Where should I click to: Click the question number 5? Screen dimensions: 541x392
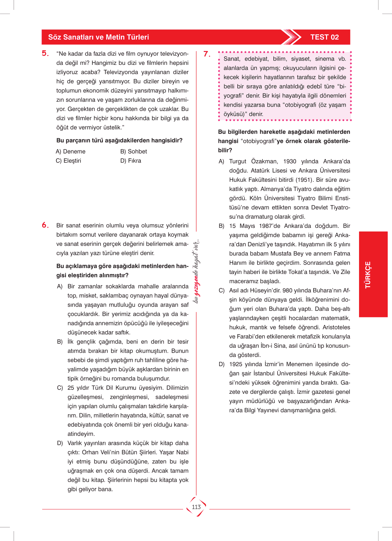(45, 53)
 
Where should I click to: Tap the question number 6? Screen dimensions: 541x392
(45, 225)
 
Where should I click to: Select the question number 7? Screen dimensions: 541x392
(207, 54)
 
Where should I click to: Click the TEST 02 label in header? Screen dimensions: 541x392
(324, 37)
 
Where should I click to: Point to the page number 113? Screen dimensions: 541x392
(196, 507)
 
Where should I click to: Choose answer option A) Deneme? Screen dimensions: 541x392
(71, 151)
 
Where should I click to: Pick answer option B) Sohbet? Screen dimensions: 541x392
(134, 151)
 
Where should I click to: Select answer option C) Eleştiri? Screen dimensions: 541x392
(68, 161)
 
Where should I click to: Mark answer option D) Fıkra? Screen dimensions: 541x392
(131, 161)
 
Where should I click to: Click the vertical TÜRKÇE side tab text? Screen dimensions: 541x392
(368, 275)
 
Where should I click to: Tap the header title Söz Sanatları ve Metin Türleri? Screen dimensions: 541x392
(99, 37)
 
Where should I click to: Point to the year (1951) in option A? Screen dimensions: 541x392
(304, 180)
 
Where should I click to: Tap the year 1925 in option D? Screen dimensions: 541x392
(236, 364)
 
